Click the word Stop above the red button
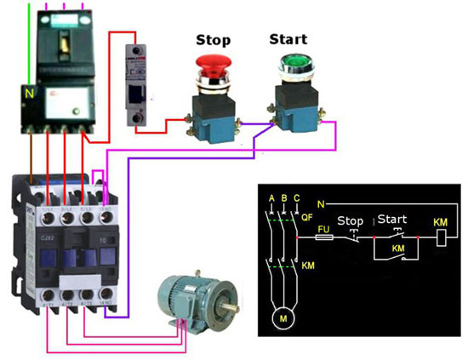pyautogui.click(x=213, y=39)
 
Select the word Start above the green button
pyautogui.click(x=288, y=38)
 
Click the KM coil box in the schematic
pyautogui.click(x=441, y=238)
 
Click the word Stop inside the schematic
pyautogui.click(x=351, y=221)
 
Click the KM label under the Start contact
pyautogui.click(x=397, y=251)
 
